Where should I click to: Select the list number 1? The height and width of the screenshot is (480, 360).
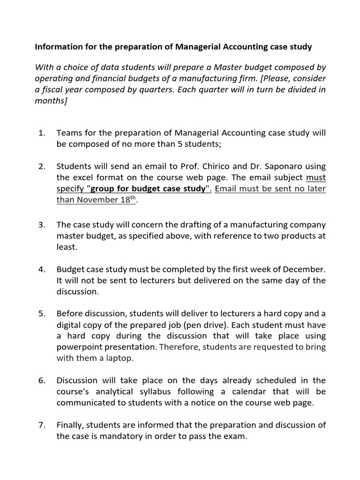[41, 133]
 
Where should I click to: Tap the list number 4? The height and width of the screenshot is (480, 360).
[41, 270]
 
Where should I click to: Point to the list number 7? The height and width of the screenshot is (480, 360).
[41, 425]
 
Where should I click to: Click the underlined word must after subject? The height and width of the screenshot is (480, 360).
[315, 178]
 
